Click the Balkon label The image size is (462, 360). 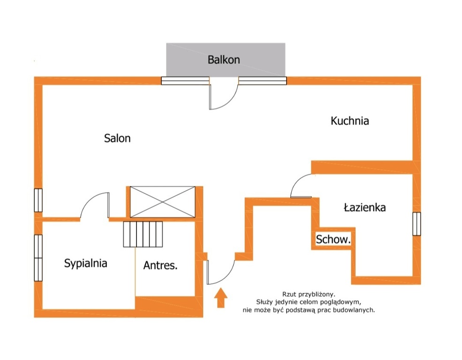coord(224,60)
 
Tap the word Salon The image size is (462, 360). coord(117,138)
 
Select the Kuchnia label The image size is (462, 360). coord(350,120)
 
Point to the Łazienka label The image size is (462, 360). coord(365,207)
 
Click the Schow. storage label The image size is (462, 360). coord(333,240)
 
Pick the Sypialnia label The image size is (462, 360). coord(85,263)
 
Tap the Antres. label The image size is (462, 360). coord(160,265)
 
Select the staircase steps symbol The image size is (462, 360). coord(143,234)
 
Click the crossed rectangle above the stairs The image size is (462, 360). coord(163,202)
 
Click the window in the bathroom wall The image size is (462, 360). coord(417,224)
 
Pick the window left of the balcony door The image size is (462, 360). coord(185,81)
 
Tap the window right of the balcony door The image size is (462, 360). coord(263,81)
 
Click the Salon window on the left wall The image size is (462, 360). coord(38,200)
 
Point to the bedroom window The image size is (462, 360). coord(38,258)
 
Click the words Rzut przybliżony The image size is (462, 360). coord(309,294)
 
